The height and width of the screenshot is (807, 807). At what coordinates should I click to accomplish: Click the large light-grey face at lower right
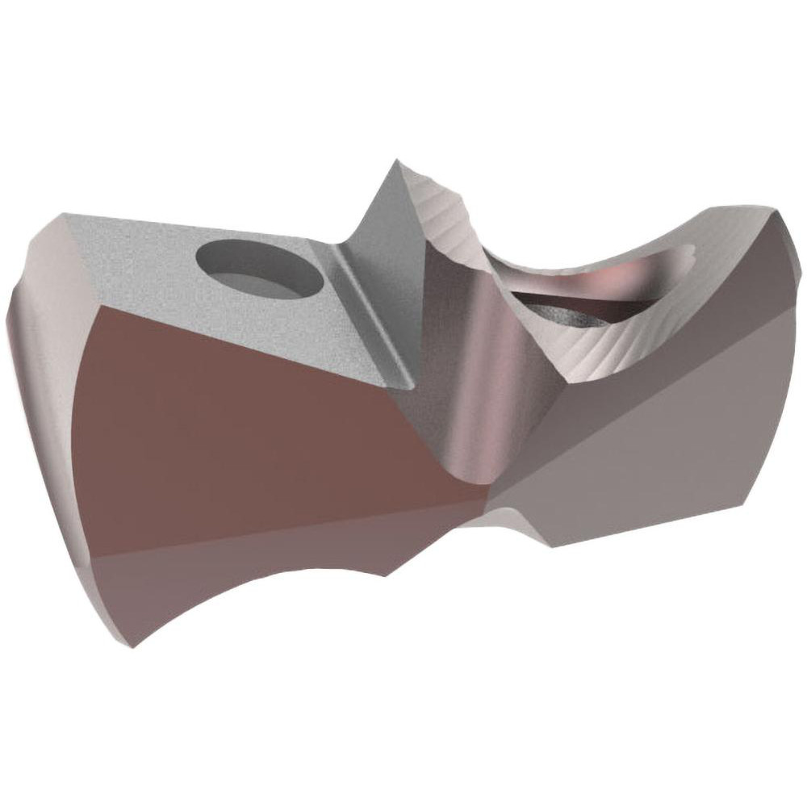click(646, 452)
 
